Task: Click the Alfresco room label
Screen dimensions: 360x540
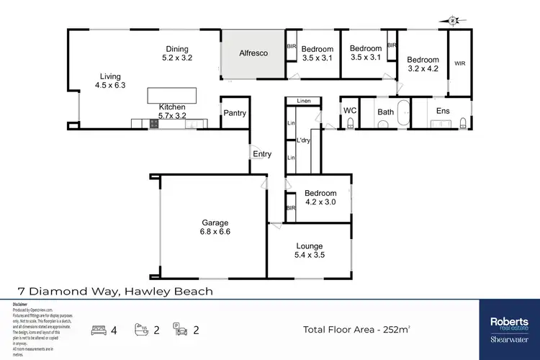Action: point(253,53)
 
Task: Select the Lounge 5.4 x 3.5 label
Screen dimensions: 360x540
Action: point(310,251)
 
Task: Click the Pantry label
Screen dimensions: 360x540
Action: point(235,113)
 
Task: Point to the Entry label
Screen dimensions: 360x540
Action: point(262,154)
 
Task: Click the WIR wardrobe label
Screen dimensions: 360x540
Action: point(460,63)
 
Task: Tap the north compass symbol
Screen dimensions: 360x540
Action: point(451,21)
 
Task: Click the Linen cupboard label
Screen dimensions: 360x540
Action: point(304,102)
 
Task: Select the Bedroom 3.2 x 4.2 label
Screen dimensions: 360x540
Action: point(423,66)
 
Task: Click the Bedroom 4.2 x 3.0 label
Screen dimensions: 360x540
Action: point(320,198)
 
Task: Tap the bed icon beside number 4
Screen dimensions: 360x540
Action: point(99,330)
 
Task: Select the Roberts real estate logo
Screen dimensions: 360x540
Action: point(509,325)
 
